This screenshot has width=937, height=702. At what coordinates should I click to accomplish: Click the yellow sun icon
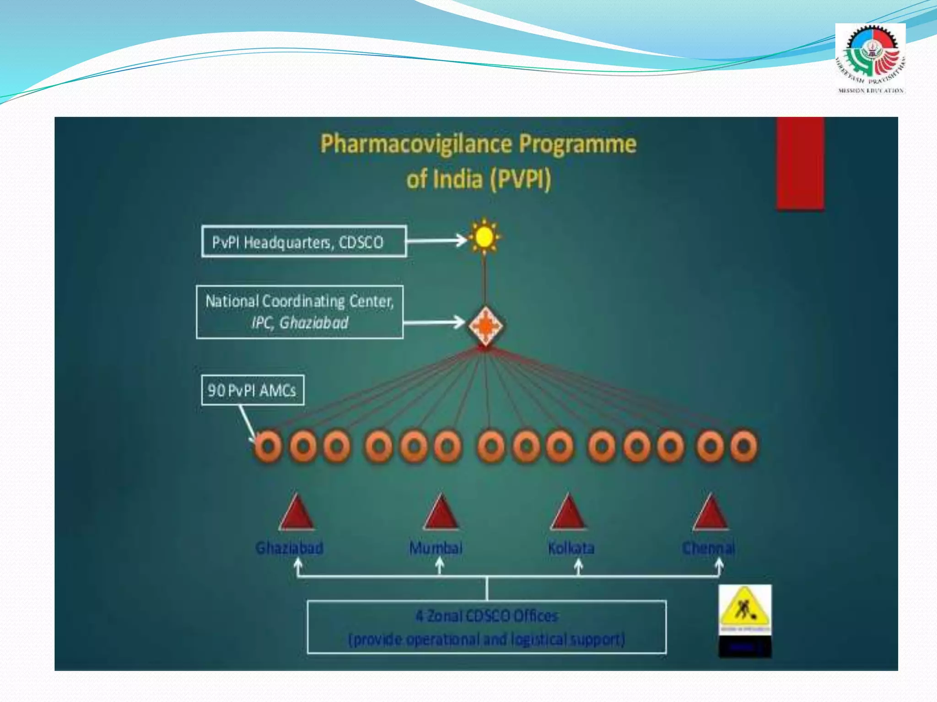[x=485, y=237]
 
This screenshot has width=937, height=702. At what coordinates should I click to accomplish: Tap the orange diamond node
[x=485, y=325]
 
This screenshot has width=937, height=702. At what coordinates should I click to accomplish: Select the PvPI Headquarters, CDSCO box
[x=303, y=241]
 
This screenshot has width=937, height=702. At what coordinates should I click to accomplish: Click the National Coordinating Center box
[x=300, y=312]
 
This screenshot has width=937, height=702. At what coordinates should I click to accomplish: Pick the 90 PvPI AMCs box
[x=253, y=390]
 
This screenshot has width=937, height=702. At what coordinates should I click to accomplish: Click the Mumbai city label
[x=436, y=548]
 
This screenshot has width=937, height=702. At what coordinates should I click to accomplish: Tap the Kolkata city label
[x=571, y=548]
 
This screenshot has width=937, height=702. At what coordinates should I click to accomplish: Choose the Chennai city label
[x=708, y=548]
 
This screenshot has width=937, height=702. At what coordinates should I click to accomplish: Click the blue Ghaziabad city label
[x=289, y=548]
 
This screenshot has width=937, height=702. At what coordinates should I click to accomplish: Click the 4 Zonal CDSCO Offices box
[x=486, y=627]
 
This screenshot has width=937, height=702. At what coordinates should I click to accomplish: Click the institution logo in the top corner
[x=870, y=58]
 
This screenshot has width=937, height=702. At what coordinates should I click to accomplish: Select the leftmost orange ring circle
[x=268, y=446]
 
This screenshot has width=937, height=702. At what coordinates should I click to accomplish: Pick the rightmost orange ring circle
[x=744, y=446]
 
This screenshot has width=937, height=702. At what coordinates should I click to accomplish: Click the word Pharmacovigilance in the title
[x=416, y=144]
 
